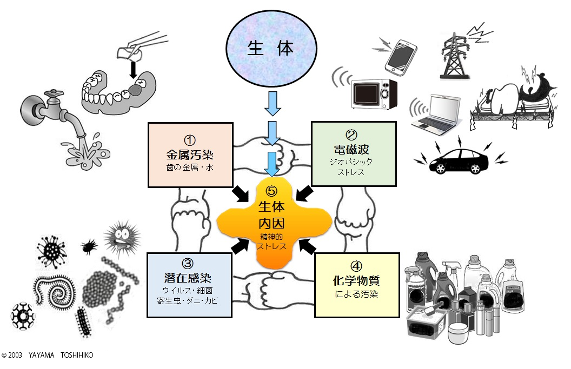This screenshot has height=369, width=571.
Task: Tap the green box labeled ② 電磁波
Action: click(x=354, y=153)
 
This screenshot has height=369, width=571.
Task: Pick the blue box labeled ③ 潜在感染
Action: click(x=190, y=285)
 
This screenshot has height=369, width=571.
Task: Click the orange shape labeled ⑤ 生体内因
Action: click(x=272, y=222)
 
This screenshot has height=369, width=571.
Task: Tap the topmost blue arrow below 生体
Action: click(x=273, y=106)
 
